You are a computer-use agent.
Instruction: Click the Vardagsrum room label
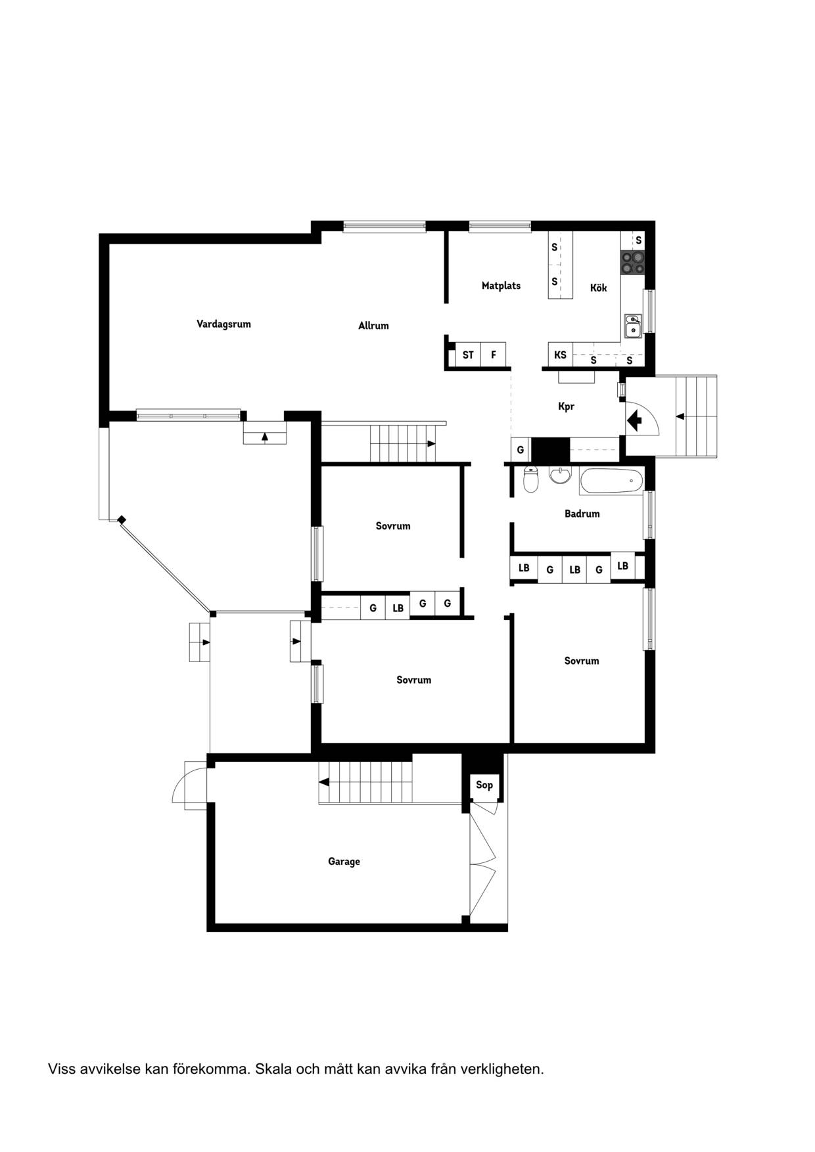coord(223,324)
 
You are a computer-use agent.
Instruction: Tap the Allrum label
coord(373,325)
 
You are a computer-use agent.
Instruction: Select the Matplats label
coord(501,286)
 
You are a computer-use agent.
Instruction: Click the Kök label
coord(598,288)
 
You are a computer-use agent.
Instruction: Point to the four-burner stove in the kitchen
coord(633,263)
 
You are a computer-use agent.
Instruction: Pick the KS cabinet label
coord(560,355)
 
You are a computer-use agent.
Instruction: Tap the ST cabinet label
coord(468,355)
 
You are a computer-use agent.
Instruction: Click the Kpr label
coord(566,407)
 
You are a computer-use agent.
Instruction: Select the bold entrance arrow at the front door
coord(635,420)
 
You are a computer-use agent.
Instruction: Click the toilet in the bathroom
coord(530,479)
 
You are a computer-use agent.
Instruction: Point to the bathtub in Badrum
coord(611,481)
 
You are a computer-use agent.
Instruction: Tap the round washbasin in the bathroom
coord(560,475)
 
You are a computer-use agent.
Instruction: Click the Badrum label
coord(582,514)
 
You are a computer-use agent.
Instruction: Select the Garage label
coord(344,861)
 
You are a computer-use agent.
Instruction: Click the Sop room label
coord(484,785)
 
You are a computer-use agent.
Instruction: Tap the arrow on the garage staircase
coord(323,782)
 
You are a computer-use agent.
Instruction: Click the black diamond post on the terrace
coord(122,520)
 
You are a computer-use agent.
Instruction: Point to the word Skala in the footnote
coord(272,1069)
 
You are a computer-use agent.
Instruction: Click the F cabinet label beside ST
coord(493,355)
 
